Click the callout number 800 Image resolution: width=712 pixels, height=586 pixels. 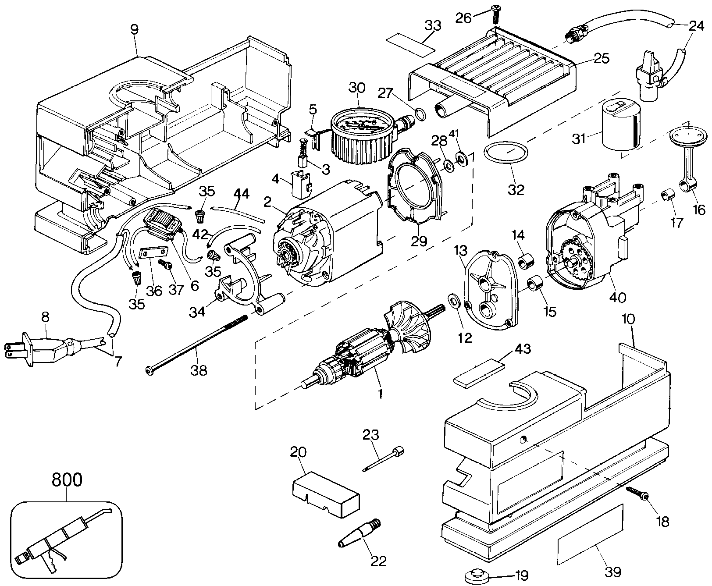click(67, 480)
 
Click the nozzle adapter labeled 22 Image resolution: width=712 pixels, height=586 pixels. click(359, 534)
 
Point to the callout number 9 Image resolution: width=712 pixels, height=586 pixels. click(134, 29)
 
